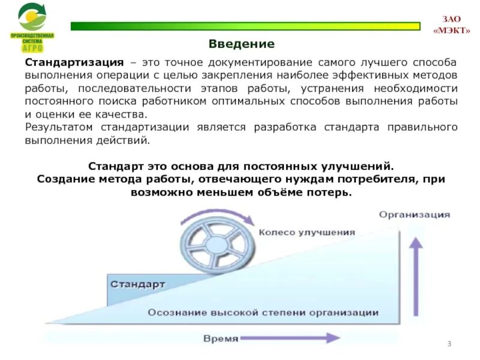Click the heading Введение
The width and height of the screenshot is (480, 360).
241,44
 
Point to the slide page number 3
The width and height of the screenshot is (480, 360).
449,343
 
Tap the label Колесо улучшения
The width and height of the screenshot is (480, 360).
307,232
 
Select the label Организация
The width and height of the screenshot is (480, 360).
414,214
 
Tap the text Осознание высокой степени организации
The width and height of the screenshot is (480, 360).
263,313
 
